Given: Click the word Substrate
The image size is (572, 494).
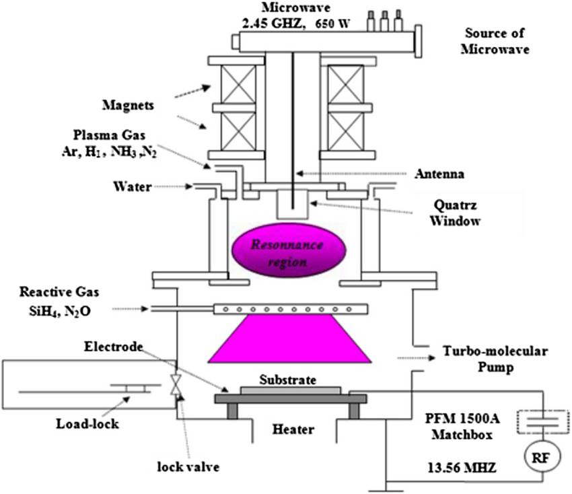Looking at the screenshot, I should (287, 380).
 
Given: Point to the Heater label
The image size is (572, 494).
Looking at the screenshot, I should (293, 429).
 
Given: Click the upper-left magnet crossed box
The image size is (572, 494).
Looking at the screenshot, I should (232, 83).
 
